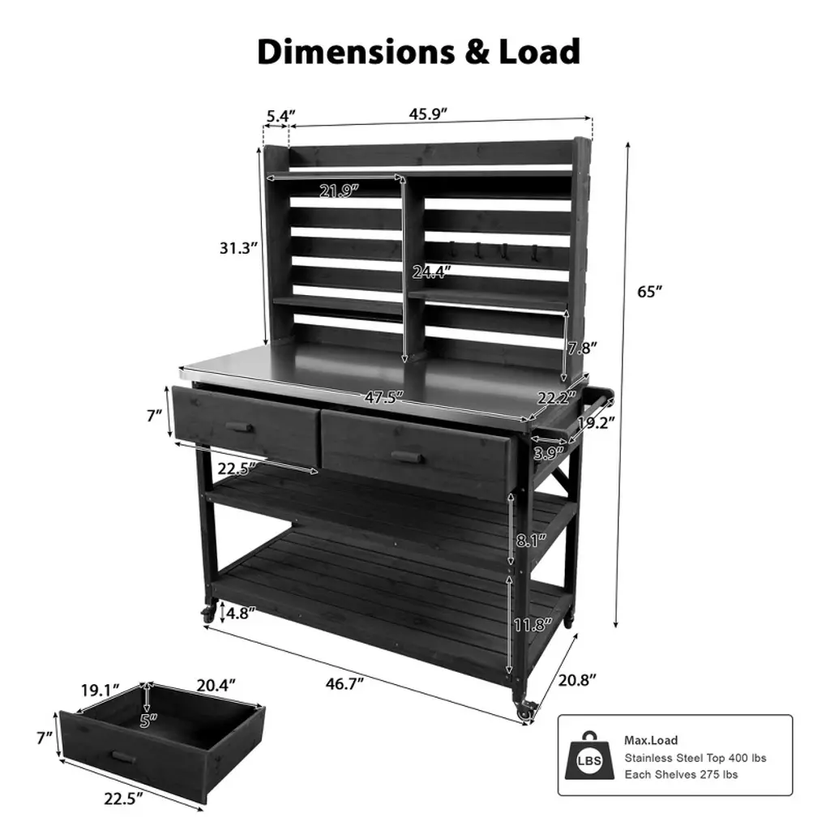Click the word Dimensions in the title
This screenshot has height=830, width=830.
[x=356, y=52]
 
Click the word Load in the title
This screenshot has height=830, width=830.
[x=539, y=52]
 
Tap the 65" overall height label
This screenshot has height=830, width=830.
[x=649, y=292]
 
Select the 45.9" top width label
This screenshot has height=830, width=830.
[x=428, y=113]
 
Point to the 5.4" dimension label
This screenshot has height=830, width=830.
[x=280, y=116]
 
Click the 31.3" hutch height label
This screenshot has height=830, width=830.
[x=239, y=248]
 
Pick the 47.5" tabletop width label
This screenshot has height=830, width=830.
[x=383, y=397]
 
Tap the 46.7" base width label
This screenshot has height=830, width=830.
[x=344, y=684]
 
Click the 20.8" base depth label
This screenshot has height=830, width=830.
[x=577, y=680]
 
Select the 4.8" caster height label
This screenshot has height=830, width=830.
[x=240, y=614]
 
